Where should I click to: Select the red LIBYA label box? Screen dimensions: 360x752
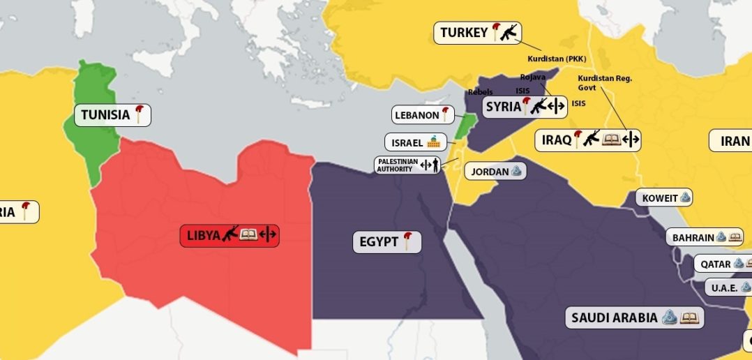click(230, 236)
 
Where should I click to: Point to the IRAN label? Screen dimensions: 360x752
click(734, 141)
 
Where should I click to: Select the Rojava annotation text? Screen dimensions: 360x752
click(532, 77)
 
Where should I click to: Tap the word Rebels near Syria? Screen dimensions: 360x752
click(480, 91)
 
